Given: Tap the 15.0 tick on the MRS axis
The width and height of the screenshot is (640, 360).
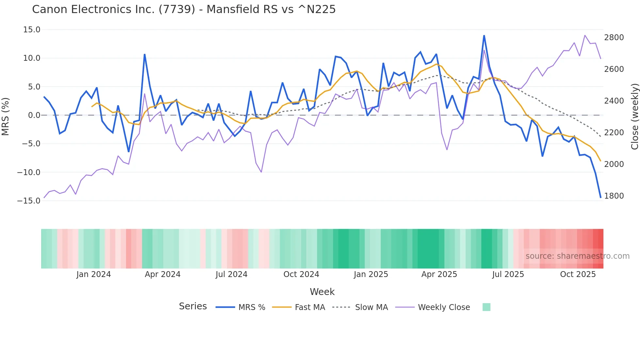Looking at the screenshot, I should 32,30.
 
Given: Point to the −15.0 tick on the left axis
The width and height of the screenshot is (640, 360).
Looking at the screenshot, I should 29,201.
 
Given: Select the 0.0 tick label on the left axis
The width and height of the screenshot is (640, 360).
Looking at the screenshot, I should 34,115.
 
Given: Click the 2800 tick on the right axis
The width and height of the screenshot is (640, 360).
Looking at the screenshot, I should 614,38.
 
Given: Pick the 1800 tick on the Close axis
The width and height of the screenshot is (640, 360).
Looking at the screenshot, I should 614,196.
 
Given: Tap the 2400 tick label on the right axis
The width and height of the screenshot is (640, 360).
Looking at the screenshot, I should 614,101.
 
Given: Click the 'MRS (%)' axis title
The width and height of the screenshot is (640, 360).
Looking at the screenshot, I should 6,116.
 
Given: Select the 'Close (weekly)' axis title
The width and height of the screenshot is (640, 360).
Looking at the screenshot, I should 634,117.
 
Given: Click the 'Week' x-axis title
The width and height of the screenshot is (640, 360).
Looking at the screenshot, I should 322,292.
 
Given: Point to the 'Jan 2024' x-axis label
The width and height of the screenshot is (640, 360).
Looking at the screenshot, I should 93,274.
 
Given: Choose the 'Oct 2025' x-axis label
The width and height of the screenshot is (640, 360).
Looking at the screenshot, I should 578,274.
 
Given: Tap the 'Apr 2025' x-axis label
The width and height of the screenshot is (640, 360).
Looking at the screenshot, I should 439,274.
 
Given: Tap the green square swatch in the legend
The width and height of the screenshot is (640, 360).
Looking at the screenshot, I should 486,307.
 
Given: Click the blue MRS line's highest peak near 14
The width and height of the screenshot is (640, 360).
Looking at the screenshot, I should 484,36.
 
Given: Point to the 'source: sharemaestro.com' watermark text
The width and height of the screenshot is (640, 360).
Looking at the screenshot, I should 577,256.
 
